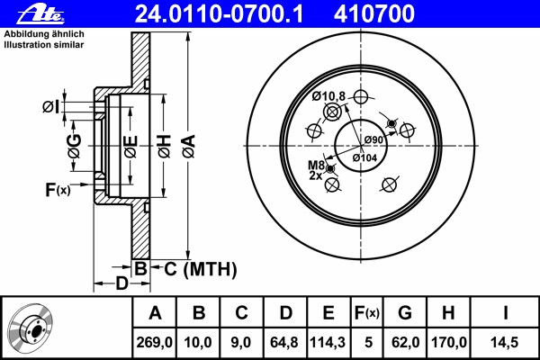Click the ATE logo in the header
40,14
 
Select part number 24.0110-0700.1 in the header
220,14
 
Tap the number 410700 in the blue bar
374,14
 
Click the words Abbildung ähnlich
44,34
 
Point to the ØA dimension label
190,147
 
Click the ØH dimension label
165,147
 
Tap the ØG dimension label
75,146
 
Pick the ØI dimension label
50,107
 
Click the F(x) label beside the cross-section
58,189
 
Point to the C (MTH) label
201,269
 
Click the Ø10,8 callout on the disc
328,96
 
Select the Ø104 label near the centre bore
364,157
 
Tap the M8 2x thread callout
316,170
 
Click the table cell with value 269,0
154,342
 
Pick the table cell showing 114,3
328,342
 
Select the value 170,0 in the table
449,342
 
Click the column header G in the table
405,313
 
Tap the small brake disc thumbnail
31,327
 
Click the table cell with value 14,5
505,342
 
